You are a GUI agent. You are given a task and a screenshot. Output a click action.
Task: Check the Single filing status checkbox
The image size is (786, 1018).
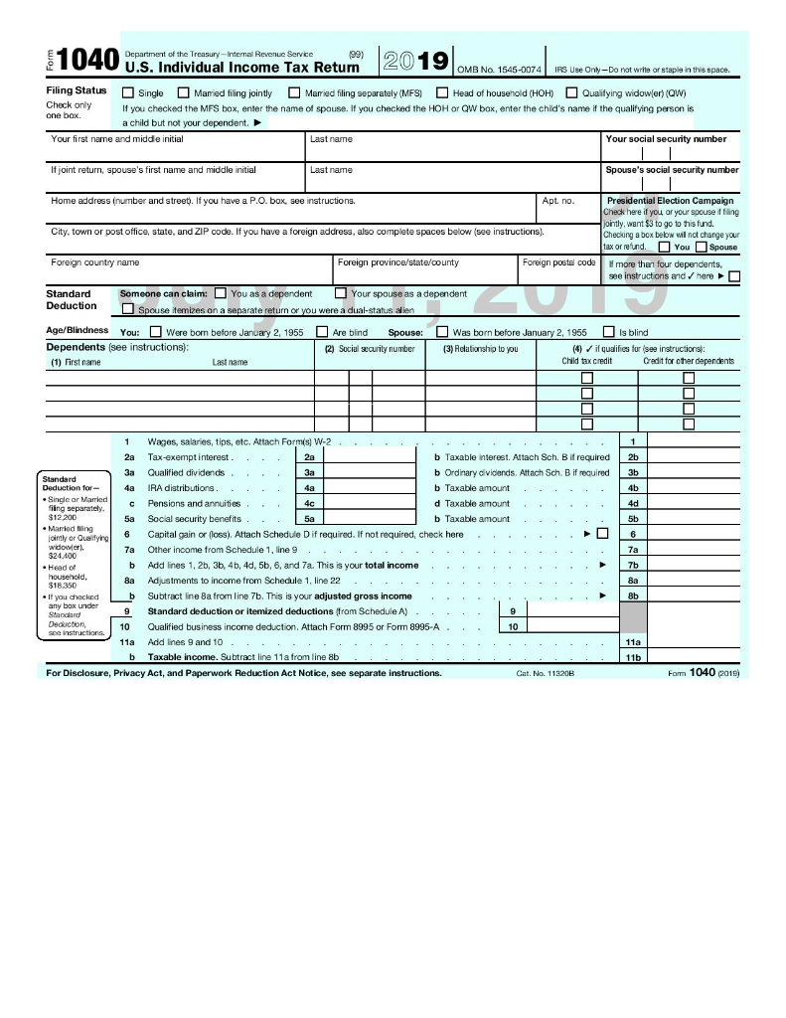[127, 93]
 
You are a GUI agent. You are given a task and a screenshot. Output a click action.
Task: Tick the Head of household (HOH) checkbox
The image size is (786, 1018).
[442, 93]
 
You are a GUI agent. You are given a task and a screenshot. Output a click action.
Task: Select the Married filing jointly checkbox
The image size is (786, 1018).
[184, 93]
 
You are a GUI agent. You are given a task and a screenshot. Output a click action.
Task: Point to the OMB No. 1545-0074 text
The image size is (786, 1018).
[499, 70]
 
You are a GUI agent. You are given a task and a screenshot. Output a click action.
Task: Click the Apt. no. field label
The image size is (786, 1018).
[557, 201]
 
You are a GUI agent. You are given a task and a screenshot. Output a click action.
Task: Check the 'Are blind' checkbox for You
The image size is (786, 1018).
[322, 332]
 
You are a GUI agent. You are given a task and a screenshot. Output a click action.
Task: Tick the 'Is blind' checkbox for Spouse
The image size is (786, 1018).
[609, 332]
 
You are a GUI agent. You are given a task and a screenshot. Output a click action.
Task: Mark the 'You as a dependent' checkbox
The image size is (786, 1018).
[220, 293]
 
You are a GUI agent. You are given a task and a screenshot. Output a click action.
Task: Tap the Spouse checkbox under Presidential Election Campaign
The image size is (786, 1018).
[702, 247]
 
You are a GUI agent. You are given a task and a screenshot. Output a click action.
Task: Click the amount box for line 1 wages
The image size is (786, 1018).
[693, 440]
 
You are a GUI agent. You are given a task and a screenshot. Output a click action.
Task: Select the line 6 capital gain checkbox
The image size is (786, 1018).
[602, 534]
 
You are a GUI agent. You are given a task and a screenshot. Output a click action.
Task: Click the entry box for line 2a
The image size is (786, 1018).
[370, 456]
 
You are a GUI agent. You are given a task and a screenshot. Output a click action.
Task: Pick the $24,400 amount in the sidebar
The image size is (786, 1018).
[63, 556]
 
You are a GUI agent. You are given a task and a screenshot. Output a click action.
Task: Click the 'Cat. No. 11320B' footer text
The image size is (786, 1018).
[546, 673]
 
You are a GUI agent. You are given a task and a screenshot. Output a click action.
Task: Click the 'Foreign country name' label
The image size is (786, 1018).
[95, 262]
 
